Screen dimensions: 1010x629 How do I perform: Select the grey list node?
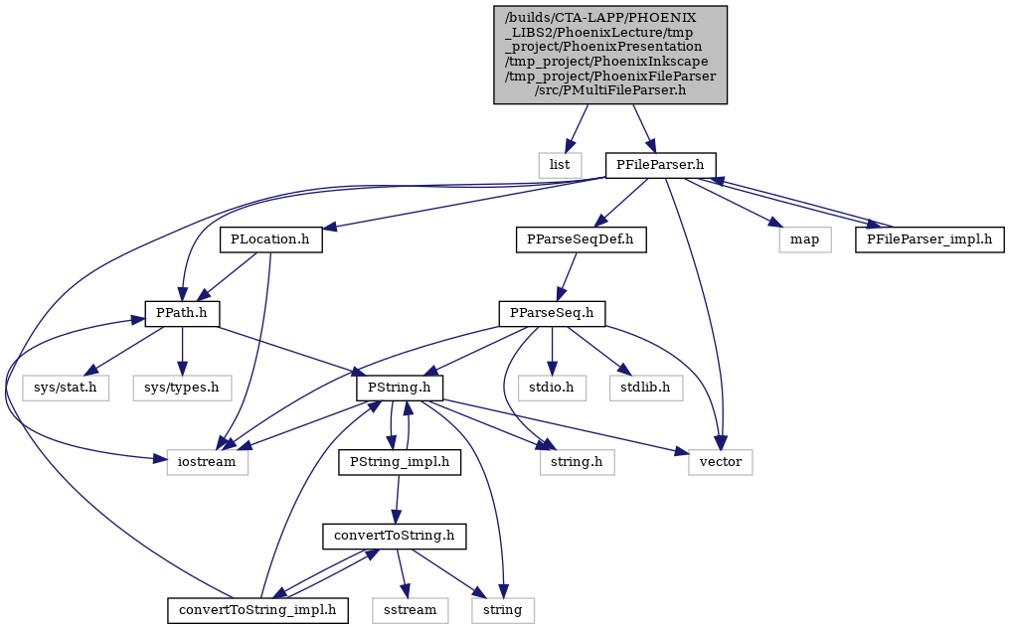pyautogui.click(x=559, y=166)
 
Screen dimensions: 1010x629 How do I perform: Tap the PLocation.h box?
pyautogui.click(x=270, y=239)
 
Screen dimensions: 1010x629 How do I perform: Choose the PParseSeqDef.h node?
pyautogui.click(x=581, y=239)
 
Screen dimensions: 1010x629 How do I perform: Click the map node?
pyautogui.click(x=804, y=239)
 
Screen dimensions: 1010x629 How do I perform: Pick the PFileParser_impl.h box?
pyautogui.click(x=929, y=239)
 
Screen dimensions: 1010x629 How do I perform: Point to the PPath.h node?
pyautogui.click(x=182, y=314)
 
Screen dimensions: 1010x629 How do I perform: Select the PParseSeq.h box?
pyautogui.click(x=552, y=314)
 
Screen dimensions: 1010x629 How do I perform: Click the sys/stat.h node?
pyautogui.click(x=65, y=388)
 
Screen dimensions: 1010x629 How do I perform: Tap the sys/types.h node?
pyautogui.click(x=182, y=388)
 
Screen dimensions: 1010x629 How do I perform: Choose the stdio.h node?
pyautogui.click(x=552, y=388)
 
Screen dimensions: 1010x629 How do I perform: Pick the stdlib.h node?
pyautogui.click(x=646, y=388)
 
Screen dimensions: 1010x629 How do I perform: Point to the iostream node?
pyautogui.click(x=208, y=462)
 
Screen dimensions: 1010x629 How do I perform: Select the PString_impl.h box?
pyautogui.click(x=400, y=462)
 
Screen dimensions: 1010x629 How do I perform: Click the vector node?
pyautogui.click(x=720, y=462)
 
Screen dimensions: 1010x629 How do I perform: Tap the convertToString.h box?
pyautogui.click(x=395, y=536)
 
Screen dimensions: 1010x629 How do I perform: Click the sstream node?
pyautogui.click(x=410, y=610)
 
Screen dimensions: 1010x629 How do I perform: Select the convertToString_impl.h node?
pyautogui.click(x=257, y=610)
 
